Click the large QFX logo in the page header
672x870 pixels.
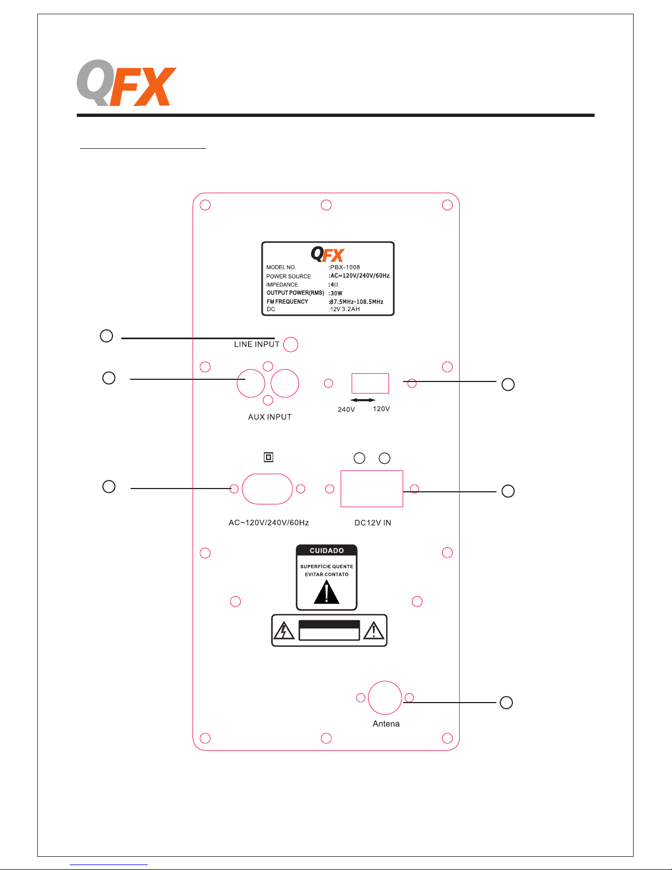(x=126, y=83)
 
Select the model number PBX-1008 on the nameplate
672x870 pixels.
(x=345, y=267)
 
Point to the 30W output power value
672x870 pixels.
(x=336, y=293)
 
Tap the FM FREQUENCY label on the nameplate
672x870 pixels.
(x=287, y=301)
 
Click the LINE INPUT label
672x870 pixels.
(x=257, y=344)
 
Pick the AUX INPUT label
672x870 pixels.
(x=270, y=417)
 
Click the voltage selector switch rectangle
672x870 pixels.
(x=370, y=383)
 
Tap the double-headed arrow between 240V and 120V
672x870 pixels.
(x=363, y=400)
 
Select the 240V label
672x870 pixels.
(x=346, y=409)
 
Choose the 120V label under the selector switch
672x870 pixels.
(x=381, y=409)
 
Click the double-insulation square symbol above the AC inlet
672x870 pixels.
(x=268, y=457)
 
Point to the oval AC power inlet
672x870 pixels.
(x=267, y=489)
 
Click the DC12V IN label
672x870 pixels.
(x=373, y=523)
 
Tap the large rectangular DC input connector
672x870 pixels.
(x=371, y=489)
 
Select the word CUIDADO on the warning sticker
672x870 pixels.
(x=327, y=551)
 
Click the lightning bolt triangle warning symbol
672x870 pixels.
(x=284, y=631)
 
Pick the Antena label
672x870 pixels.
(x=386, y=723)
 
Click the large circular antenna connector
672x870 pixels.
(x=385, y=698)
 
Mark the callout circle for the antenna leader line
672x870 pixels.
(x=506, y=702)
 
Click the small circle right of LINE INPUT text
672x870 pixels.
(x=290, y=344)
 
